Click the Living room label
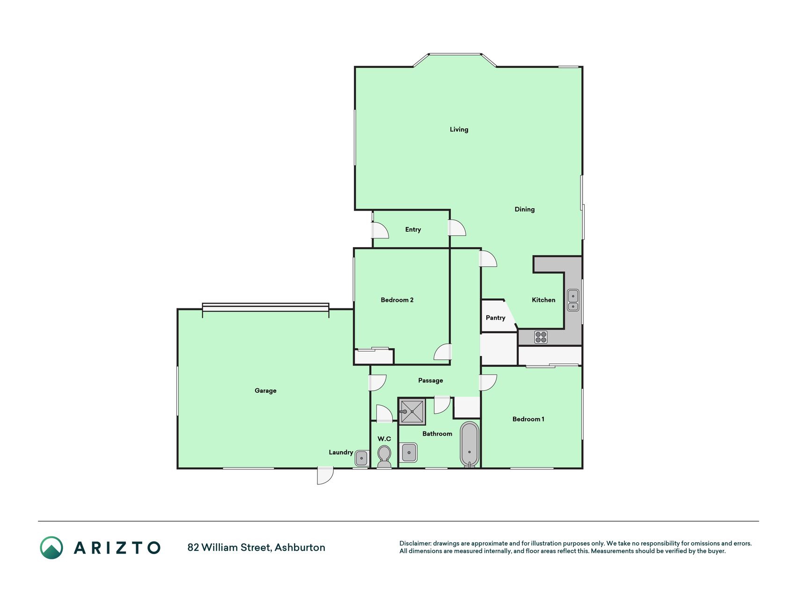tap(459, 130)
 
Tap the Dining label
tap(524, 209)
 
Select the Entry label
tap(413, 229)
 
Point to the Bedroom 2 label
tap(397, 300)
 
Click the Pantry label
tap(495, 318)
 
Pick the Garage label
tap(265, 391)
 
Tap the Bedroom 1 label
tap(528, 419)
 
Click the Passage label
tap(430, 380)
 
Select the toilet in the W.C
tap(384, 456)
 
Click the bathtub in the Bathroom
tap(469, 445)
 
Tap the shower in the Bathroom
tap(412, 412)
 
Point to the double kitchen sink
tap(573, 300)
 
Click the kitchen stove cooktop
tap(541, 337)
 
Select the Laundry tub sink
tap(361, 458)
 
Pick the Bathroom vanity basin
tap(409, 453)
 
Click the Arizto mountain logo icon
tap(51, 548)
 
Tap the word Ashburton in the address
tap(300, 548)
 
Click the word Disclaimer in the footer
tap(415, 543)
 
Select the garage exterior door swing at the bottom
tap(325, 475)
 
